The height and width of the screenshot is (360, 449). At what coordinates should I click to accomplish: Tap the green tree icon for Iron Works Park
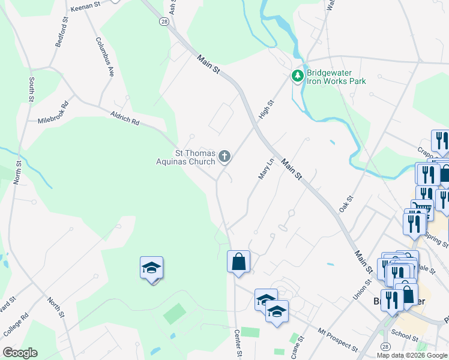pos(297,76)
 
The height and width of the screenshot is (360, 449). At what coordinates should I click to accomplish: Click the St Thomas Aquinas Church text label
pos(185,157)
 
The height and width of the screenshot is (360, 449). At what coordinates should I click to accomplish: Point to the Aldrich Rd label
pos(124,118)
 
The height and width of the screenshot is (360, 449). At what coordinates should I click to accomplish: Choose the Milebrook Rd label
pos(53,112)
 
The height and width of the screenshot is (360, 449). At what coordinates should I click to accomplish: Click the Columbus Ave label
pos(104,57)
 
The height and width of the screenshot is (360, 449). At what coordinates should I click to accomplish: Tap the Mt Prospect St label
pos(338,340)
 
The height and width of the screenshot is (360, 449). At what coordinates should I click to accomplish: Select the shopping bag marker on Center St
pos(238,262)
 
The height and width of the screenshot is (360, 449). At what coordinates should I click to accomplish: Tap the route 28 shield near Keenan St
pos(164,22)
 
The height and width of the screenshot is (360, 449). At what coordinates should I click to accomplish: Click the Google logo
pos(20,353)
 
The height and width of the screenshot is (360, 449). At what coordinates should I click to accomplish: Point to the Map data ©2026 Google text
pos(411,355)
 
